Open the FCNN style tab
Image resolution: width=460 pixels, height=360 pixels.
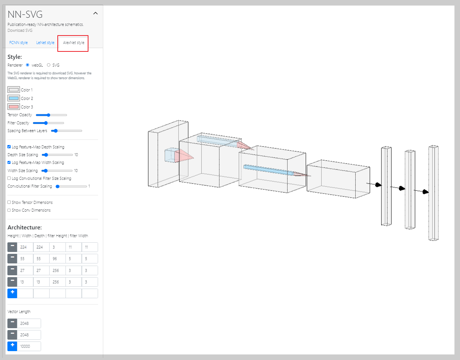19,43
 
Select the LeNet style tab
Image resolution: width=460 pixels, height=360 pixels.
45,43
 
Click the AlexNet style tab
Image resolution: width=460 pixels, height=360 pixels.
73,43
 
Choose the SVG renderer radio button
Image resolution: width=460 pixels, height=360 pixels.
49,65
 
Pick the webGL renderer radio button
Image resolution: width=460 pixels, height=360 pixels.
27,65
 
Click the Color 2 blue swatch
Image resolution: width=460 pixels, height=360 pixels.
14,98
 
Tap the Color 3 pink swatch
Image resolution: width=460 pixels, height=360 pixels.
14,107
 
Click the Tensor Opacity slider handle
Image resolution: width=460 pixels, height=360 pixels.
48,115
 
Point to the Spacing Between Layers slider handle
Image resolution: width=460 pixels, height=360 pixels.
56,131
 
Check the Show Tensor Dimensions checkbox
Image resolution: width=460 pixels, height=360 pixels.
9,202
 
